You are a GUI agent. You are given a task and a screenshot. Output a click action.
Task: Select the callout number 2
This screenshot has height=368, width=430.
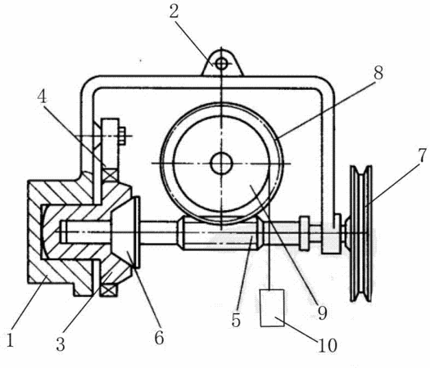(174, 11)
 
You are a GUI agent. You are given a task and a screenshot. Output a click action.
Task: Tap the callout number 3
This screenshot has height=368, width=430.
(61, 344)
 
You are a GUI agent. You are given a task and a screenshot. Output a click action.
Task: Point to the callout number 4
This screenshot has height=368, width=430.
(42, 97)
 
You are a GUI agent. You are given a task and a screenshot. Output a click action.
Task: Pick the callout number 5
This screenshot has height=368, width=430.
(236, 320)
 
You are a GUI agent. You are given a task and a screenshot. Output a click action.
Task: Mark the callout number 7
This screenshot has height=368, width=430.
(422, 156)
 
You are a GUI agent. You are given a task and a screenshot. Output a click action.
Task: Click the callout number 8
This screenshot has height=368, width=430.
(378, 73)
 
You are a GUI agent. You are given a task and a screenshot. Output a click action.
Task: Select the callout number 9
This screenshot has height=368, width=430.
(322, 312)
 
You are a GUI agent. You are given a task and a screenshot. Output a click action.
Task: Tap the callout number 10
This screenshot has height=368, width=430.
(328, 345)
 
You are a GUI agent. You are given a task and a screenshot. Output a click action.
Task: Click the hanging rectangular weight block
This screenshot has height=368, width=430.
(272, 307)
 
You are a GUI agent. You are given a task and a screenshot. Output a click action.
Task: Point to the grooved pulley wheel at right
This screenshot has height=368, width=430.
(361, 234)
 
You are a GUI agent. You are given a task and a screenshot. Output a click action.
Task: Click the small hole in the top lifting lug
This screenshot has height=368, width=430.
(221, 64)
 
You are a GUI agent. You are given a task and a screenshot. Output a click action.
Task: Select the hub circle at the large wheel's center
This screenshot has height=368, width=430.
(221, 164)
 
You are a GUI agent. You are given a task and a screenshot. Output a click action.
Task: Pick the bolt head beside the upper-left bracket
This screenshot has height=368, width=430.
(122, 136)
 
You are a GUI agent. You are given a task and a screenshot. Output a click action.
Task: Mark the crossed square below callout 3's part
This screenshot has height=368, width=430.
(108, 290)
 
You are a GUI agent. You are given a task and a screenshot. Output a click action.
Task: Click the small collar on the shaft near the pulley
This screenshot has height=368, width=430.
(305, 233)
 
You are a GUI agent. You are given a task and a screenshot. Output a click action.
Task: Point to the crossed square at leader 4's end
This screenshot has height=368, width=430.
(111, 175)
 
